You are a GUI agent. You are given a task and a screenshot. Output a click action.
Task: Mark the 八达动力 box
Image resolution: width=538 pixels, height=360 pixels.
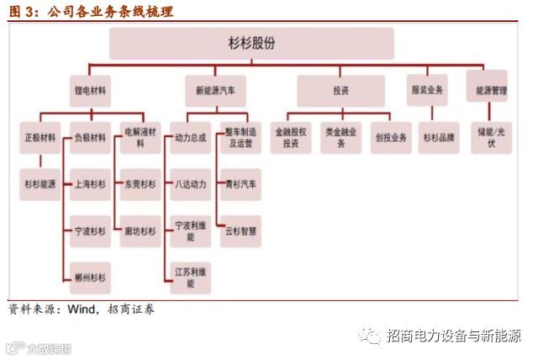pos(188,183)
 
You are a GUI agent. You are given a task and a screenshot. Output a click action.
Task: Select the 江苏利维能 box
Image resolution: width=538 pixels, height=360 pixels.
pos(188,277)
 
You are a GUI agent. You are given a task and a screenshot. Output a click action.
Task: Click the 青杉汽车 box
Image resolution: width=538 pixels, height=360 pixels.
pos(240,183)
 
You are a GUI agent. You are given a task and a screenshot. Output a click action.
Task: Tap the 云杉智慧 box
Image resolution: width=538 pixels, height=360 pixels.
pos(240,230)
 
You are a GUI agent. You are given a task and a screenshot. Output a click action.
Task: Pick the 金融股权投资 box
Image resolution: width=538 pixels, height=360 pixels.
pos(291,138)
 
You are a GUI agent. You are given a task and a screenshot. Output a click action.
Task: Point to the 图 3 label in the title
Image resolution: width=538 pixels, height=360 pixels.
pos(23,12)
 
